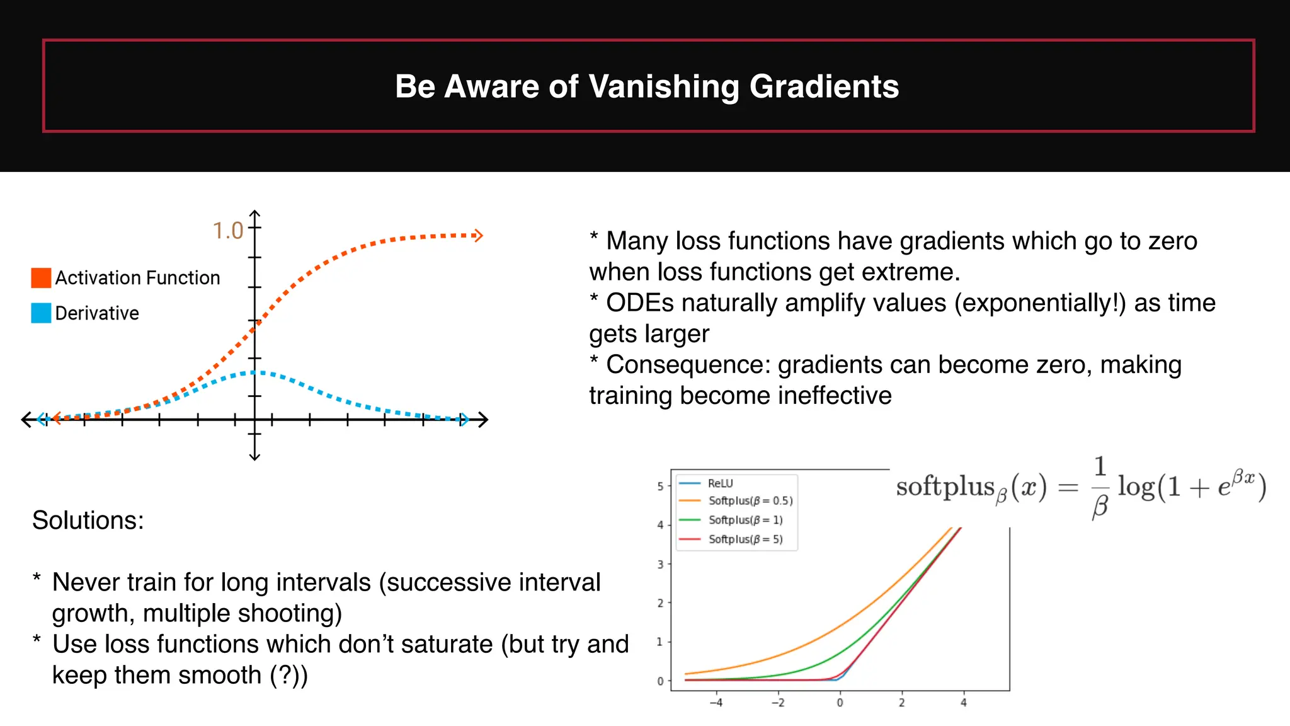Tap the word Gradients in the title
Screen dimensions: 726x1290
[824, 87]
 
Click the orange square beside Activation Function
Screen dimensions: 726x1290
[41, 278]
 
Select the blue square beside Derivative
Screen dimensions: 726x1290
[41, 313]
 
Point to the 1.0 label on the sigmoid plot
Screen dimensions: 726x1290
[227, 231]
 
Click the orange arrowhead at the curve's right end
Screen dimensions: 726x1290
[478, 236]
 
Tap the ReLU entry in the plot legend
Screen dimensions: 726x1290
[720, 483]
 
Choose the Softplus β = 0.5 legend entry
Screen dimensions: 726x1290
[750, 501]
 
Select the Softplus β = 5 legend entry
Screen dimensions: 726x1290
[745, 539]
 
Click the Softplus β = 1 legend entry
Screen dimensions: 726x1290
[745, 520]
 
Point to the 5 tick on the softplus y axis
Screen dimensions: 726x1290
[660, 487]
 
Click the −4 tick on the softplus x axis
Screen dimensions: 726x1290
[716, 703]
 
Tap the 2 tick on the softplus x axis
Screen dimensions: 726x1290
[901, 703]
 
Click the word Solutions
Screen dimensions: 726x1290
[88, 521]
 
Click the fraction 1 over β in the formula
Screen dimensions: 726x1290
[1100, 487]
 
